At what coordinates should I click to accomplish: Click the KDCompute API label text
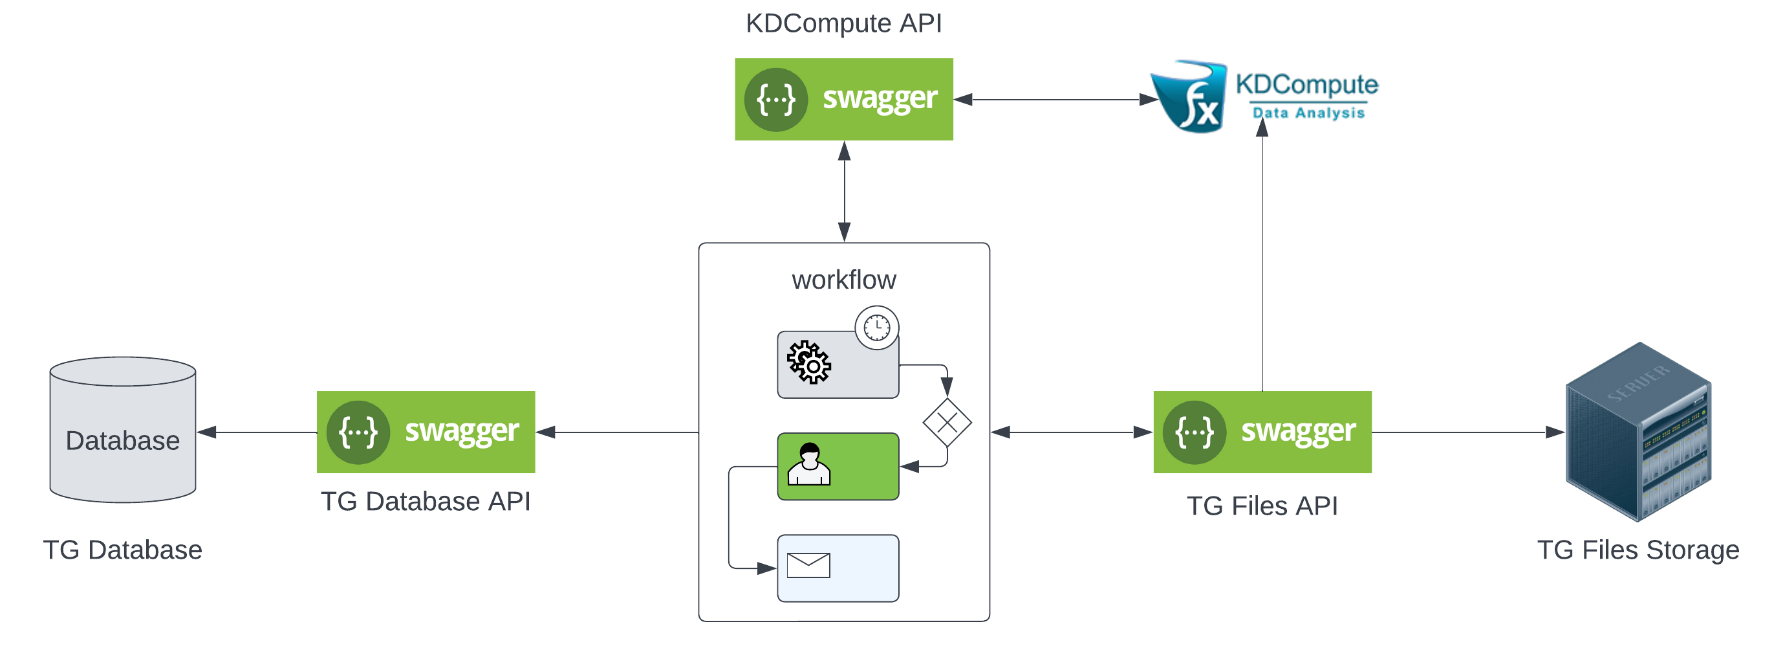(843, 23)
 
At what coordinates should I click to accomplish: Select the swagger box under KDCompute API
(843, 99)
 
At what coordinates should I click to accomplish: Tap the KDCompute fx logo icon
(1190, 96)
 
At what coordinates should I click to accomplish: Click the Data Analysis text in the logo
(1308, 113)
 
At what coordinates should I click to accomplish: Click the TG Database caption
(123, 550)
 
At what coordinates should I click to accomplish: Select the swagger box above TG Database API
(426, 432)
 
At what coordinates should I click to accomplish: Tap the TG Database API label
(426, 501)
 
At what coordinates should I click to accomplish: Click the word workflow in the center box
(843, 280)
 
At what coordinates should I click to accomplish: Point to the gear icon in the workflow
(808, 362)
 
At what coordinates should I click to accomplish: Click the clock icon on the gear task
(877, 328)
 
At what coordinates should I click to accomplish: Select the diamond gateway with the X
(947, 423)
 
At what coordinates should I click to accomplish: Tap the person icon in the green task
(808, 465)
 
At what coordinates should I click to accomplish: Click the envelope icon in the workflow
(808, 565)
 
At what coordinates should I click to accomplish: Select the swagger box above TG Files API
(1262, 432)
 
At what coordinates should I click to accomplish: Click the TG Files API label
(1262, 506)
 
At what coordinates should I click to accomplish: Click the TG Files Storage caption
(1638, 550)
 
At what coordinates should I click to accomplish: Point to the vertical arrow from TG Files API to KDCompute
(1262, 262)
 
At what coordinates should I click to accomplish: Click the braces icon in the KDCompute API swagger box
(775, 100)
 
